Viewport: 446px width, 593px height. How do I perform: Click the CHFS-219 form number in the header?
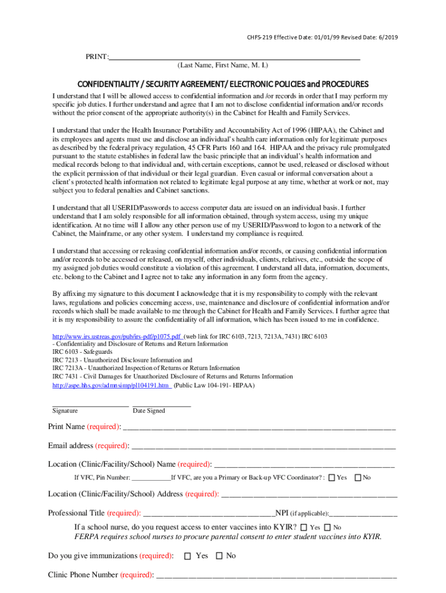click(261, 38)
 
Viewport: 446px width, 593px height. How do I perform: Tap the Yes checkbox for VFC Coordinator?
click(331, 478)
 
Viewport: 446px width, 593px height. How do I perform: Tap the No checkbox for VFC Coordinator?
click(357, 478)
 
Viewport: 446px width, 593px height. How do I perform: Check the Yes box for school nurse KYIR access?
click(304, 528)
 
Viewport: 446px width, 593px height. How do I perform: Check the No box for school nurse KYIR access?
click(327, 528)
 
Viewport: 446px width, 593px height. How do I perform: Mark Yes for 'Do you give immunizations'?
click(187, 556)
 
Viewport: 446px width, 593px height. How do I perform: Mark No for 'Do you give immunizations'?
click(219, 556)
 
